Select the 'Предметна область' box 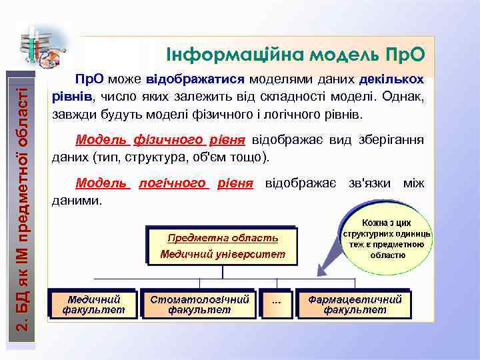pyautogui.click(x=223, y=238)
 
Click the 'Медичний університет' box pyautogui.click(x=223, y=254)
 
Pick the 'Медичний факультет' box pyautogui.click(x=94, y=304)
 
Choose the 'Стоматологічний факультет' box pyautogui.click(x=199, y=304)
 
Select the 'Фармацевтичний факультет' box pyautogui.click(x=355, y=304)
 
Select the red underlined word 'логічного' pyautogui.click(x=174, y=183)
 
